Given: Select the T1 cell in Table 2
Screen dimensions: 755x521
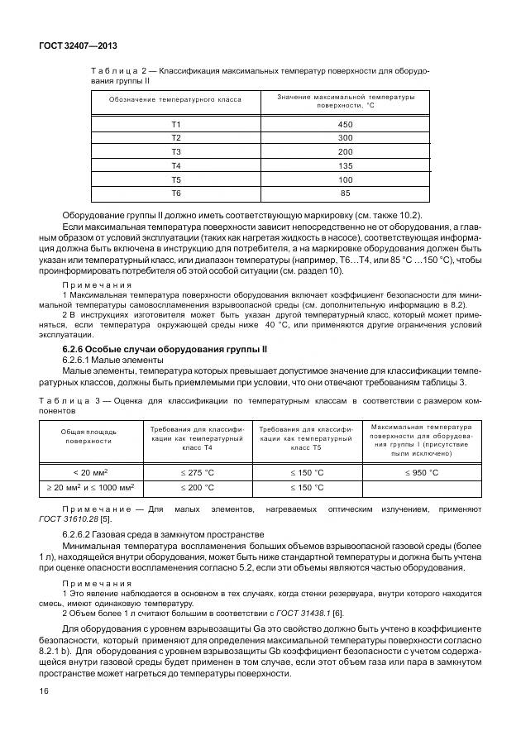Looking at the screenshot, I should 175,123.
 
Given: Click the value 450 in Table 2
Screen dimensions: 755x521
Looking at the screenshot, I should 345,123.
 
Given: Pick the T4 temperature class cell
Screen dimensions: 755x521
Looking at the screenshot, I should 175,165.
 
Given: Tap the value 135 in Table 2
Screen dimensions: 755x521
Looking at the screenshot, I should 345,165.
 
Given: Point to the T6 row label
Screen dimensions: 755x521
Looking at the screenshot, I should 175,194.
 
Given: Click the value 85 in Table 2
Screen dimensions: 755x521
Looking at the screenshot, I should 345,194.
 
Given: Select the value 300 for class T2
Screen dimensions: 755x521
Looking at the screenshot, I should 345,137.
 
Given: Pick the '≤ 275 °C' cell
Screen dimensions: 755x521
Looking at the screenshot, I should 196,471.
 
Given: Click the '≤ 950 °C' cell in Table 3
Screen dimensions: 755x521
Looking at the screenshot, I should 422,471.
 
